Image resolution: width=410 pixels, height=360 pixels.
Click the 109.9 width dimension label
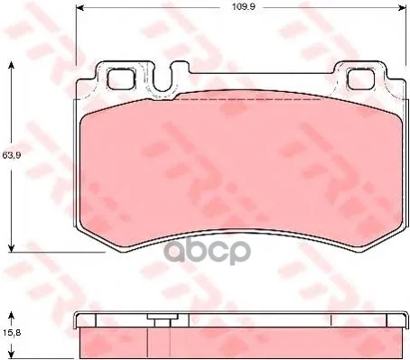[243, 6]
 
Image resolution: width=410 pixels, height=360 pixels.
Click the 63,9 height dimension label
[12, 155]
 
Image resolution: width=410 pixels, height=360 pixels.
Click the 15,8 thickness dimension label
[12, 333]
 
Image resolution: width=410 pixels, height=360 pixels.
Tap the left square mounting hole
[121, 78]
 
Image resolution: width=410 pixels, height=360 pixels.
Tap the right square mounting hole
[361, 78]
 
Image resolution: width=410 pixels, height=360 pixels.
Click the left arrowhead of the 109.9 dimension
[79, 7]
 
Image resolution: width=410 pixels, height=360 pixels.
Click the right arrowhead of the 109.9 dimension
[403, 7]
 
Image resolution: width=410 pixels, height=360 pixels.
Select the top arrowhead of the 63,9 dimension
[11, 65]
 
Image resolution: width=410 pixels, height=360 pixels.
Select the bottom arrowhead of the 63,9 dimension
[11, 248]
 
